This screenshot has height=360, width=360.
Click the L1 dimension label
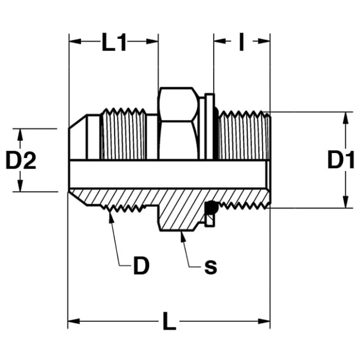click(x=114, y=42)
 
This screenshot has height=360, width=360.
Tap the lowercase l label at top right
click(x=241, y=42)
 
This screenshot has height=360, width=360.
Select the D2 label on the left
click(x=21, y=160)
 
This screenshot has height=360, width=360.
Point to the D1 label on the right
click(x=341, y=160)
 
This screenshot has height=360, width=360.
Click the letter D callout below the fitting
click(x=141, y=265)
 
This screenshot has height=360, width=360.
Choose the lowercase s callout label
click(x=211, y=267)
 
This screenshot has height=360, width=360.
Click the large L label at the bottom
click(x=169, y=321)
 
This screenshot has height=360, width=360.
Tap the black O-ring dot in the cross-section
click(x=212, y=208)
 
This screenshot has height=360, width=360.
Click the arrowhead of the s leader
click(x=183, y=237)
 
